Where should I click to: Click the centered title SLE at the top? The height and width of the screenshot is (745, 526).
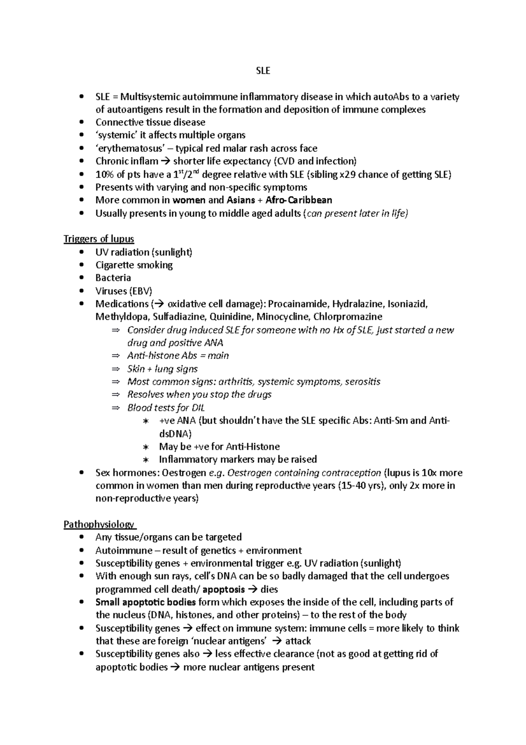tap(263, 70)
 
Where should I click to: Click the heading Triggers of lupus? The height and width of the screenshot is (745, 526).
tap(99, 239)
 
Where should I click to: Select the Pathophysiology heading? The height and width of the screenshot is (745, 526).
tap(99, 525)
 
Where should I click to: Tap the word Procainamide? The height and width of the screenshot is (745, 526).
tap(298, 304)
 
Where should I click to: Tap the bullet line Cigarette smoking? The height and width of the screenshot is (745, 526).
tap(134, 265)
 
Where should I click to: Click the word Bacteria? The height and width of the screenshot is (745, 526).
tap(113, 278)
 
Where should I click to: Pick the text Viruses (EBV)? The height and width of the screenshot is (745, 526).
tap(124, 291)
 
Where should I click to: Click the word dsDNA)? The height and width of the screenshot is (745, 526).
tap(175, 434)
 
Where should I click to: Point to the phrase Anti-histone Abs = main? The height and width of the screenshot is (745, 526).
tap(178, 356)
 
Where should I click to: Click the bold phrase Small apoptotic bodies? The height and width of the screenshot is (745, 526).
tap(146, 602)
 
